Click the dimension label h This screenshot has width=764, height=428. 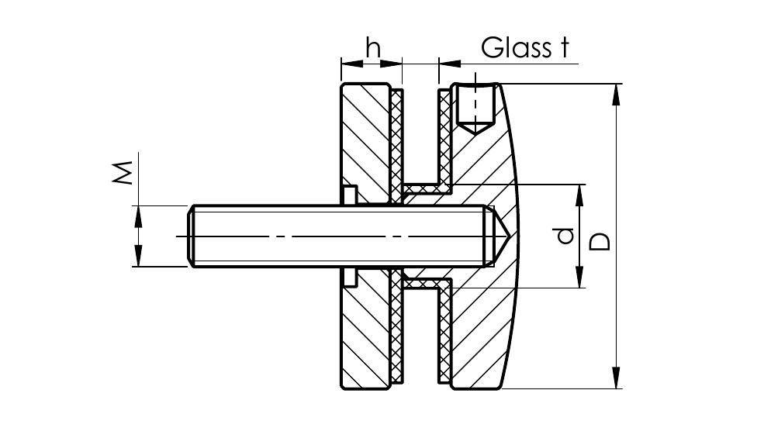373,48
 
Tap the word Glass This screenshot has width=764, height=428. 513,47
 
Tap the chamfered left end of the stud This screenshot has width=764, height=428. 192,236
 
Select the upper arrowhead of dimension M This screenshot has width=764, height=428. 139,213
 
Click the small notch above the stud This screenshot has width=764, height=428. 348,195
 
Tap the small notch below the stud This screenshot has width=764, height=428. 348,276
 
